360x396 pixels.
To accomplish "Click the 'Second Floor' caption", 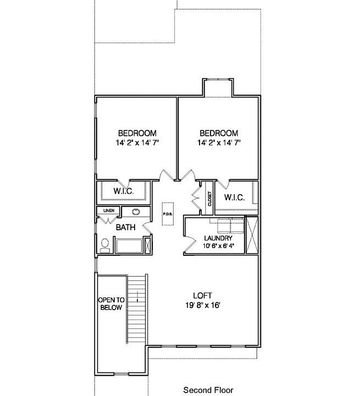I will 208,390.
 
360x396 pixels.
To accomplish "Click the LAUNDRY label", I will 218,238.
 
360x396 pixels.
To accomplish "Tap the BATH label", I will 125,227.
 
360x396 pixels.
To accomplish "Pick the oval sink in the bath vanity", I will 135,211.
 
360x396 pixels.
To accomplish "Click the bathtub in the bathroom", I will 129,245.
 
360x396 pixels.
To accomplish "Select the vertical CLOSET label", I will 209,199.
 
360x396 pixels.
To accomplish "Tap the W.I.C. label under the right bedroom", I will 234,197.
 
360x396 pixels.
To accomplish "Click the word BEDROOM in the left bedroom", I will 137,133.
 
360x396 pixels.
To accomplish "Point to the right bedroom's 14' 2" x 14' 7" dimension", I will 219,142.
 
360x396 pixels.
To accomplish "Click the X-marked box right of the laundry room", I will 252,235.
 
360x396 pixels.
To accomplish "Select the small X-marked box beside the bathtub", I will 147,245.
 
